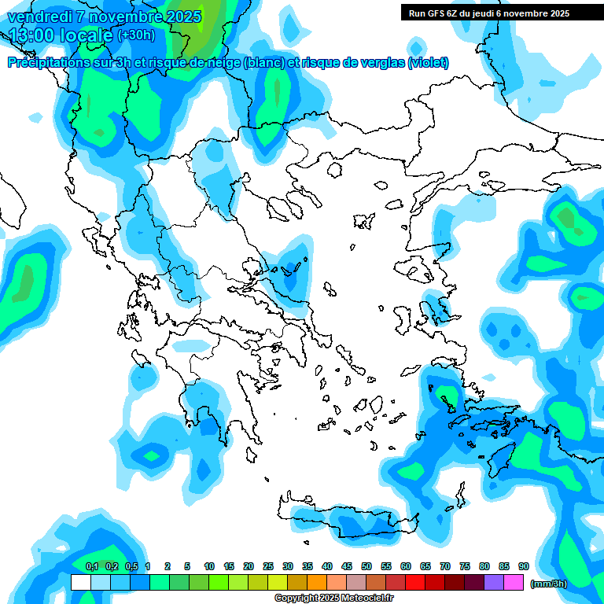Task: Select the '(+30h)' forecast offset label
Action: click(136, 35)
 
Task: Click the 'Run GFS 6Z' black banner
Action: click(488, 13)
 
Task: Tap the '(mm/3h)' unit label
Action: click(548, 584)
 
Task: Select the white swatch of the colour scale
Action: click(80, 583)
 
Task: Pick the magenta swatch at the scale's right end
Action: click(514, 583)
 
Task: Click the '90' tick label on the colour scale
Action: click(523, 567)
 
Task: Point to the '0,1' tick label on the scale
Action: click(91, 567)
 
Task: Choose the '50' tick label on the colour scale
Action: click(366, 567)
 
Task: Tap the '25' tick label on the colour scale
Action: click(267, 567)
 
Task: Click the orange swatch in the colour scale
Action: click(316, 583)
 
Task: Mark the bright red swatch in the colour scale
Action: click(415, 583)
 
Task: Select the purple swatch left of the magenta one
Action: click(494, 583)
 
